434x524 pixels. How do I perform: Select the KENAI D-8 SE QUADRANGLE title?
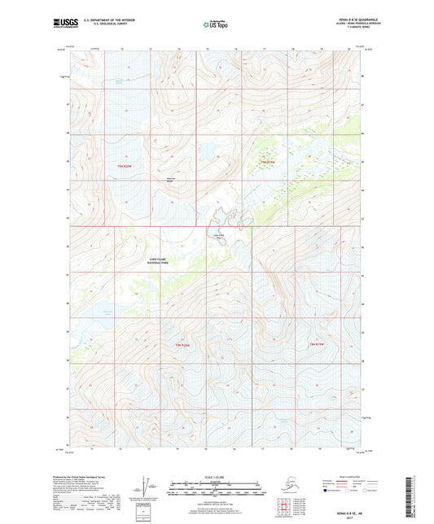tap(335, 20)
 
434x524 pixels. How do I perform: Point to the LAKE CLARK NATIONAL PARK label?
tap(157, 263)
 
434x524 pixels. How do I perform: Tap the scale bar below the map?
tap(216, 490)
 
